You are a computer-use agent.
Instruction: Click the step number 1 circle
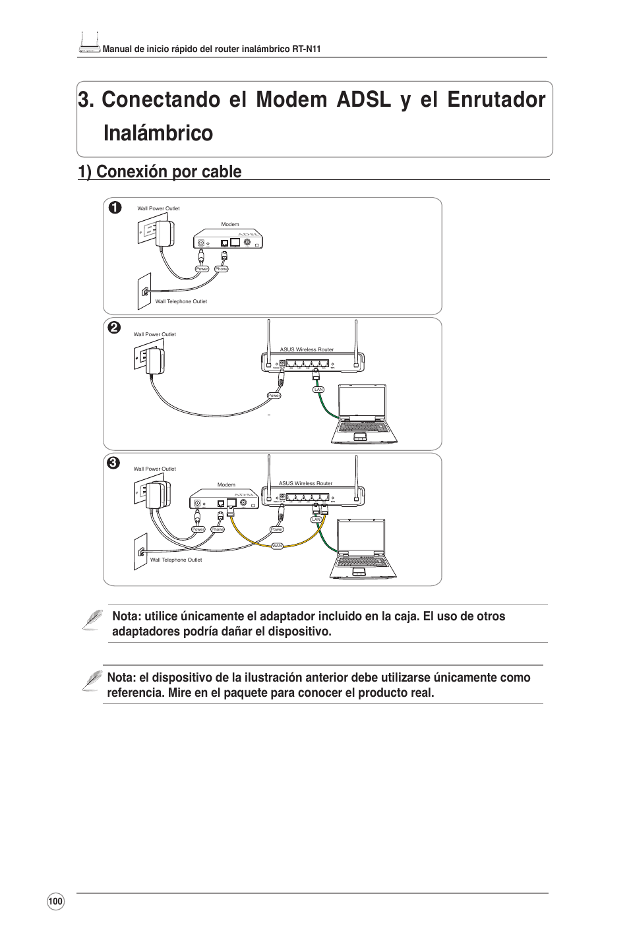(115, 207)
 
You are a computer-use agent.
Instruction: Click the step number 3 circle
(113, 463)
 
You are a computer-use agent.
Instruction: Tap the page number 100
(55, 902)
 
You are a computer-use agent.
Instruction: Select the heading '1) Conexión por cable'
(159, 171)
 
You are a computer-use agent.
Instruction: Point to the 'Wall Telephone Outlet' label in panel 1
(181, 301)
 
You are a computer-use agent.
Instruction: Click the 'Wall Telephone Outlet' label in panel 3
(176, 560)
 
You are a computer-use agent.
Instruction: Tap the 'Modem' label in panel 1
(229, 225)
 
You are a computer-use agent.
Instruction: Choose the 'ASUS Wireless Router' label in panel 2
(307, 349)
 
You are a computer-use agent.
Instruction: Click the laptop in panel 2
(360, 415)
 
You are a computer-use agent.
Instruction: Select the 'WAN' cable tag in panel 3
(278, 546)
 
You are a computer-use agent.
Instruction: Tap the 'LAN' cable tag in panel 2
(318, 390)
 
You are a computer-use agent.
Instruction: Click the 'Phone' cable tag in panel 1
(222, 269)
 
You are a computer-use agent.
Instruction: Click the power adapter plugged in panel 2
(156, 361)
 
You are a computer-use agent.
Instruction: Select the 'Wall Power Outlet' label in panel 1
(158, 208)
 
